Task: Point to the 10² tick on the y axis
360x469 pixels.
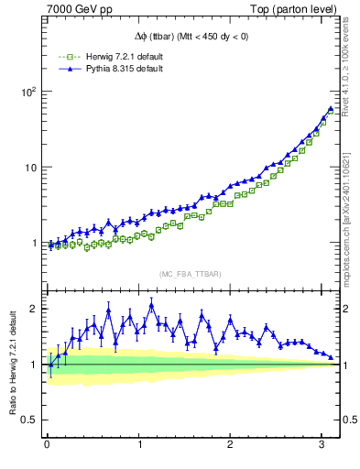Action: pyautogui.click(x=28, y=92)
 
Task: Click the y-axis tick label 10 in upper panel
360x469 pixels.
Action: pyautogui.click(x=30, y=168)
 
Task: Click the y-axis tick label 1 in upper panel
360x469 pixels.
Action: pyautogui.click(x=34, y=244)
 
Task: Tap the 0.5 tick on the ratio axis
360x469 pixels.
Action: pyautogui.click(x=29, y=420)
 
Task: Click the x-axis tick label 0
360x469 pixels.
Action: pyautogui.click(x=48, y=445)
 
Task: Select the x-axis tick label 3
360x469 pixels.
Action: pyautogui.click(x=322, y=445)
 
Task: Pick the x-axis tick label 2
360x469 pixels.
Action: pyautogui.click(x=230, y=445)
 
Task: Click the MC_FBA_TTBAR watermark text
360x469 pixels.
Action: pyautogui.click(x=190, y=275)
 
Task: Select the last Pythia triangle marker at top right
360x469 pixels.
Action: pyautogui.click(x=331, y=108)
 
